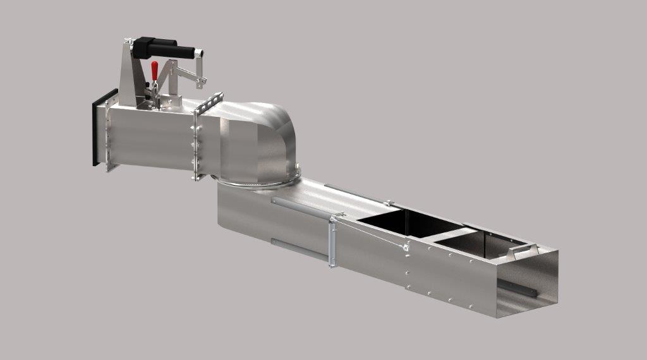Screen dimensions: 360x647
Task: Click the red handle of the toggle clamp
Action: pyautogui.click(x=154, y=70)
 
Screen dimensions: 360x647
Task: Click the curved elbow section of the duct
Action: pyautogui.click(x=265, y=136)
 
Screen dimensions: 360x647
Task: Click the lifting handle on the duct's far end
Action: pyautogui.click(x=524, y=251)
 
